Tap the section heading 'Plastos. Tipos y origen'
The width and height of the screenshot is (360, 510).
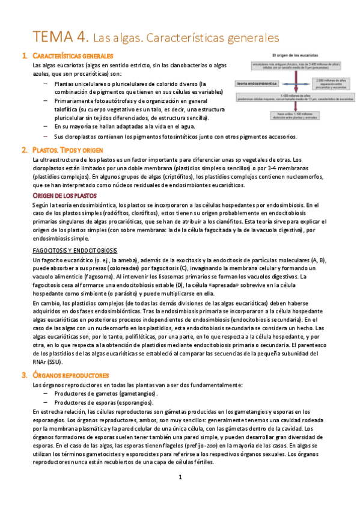[x=69, y=149]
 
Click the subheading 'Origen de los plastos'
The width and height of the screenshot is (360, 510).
[x=64, y=196]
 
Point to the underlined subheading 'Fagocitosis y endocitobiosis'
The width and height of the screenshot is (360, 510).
[x=75, y=250]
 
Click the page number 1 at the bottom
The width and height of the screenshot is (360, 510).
[x=180, y=478]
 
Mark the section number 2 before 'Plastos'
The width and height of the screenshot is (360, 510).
[x=23, y=149]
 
